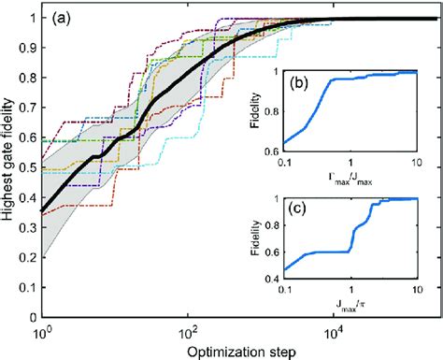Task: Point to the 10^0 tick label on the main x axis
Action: click(x=43, y=332)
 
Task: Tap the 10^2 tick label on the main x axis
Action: click(x=187, y=332)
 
